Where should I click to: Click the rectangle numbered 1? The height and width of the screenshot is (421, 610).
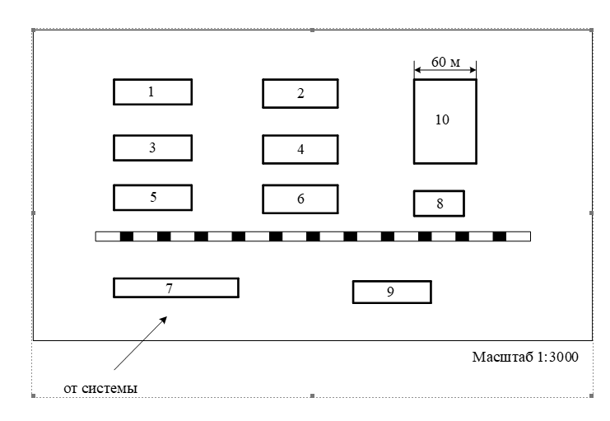pyautogui.click(x=152, y=91)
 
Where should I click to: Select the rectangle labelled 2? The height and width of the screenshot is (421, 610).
pyautogui.click(x=300, y=93)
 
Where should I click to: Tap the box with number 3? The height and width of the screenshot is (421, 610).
pyautogui.click(x=152, y=147)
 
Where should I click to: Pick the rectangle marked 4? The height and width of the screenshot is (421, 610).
pyautogui.click(x=300, y=149)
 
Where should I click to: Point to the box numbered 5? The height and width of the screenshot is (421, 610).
pyautogui.click(x=152, y=198)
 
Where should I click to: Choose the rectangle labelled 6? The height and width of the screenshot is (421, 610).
pyautogui.click(x=300, y=199)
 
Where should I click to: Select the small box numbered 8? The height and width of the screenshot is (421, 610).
pyautogui.click(x=439, y=203)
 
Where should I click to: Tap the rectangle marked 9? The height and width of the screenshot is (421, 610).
pyautogui.click(x=392, y=292)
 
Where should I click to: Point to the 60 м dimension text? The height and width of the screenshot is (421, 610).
pyautogui.click(x=445, y=63)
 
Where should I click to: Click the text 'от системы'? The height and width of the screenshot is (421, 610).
pyautogui.click(x=100, y=386)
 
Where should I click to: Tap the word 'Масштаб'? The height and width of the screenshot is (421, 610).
pyautogui.click(x=500, y=358)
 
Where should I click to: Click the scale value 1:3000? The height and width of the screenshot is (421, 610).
pyautogui.click(x=554, y=358)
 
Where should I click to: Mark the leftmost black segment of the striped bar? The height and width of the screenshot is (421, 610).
pyautogui.click(x=127, y=236)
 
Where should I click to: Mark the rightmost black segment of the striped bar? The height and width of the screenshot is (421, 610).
pyautogui.click(x=500, y=236)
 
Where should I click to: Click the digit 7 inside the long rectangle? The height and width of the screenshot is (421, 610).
pyautogui.click(x=169, y=288)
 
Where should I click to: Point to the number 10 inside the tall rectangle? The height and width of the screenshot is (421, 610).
pyautogui.click(x=442, y=119)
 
